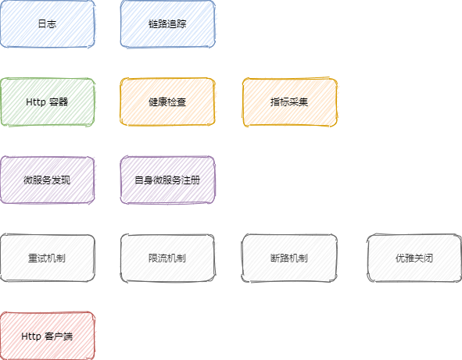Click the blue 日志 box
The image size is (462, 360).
[47, 24]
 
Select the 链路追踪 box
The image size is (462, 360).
[167, 24]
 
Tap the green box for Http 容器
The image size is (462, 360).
[47, 102]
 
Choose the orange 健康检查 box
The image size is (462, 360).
[167, 102]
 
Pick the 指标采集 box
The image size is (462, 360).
[290, 102]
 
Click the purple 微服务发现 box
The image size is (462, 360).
[47, 180]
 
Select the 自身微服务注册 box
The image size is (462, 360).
[167, 180]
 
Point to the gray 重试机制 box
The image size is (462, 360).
[47, 258]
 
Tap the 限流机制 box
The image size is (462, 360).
[167, 258]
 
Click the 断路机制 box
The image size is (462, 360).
[290, 258]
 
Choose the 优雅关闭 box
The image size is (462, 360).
[414, 258]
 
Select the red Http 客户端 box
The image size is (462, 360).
[47, 336]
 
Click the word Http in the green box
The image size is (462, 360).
[36, 102]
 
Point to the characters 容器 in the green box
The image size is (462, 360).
[59, 102]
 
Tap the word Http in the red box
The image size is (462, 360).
[31, 336]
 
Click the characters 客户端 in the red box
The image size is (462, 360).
[59, 336]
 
